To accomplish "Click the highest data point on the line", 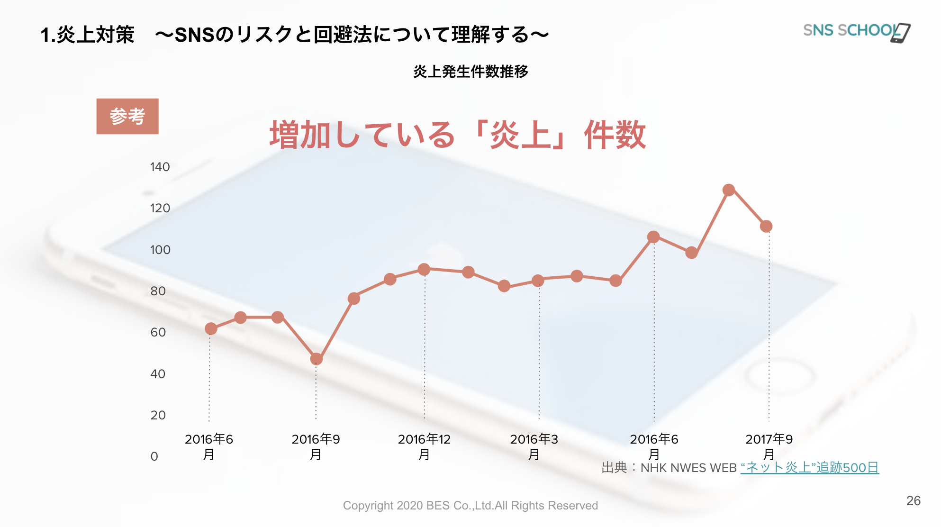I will (x=729, y=190).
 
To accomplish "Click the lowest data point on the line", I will (x=317, y=359).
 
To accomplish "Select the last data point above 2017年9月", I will (x=766, y=227).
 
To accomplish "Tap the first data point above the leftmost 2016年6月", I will (x=211, y=329).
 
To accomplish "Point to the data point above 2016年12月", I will (x=424, y=270).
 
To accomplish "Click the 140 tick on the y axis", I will (x=160, y=167).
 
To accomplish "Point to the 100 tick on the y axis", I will (x=160, y=250).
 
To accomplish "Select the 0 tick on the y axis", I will (x=154, y=456).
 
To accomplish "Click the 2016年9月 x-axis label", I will (x=316, y=446).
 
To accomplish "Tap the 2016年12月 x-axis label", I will (x=424, y=446).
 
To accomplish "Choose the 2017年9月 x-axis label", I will (x=769, y=446).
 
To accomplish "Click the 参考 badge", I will (x=127, y=117).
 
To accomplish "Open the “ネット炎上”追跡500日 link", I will (x=809, y=468).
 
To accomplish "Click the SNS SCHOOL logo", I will (x=856, y=31).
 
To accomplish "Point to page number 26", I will (x=913, y=500).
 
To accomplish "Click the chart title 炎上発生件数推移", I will (x=470, y=72).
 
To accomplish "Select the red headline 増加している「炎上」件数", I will (x=457, y=135).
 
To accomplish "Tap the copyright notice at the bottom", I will (x=470, y=506).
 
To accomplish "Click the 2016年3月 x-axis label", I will (x=534, y=446).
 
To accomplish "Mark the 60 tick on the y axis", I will (x=158, y=332).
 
